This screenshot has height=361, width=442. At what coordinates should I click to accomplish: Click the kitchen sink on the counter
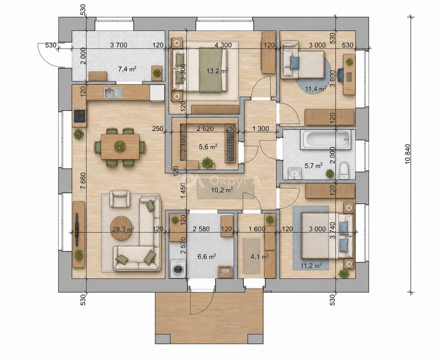pos(113,93)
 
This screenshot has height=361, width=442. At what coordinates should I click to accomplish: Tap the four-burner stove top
pos(79,116)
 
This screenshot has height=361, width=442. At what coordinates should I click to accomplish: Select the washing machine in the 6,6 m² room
pos(178,269)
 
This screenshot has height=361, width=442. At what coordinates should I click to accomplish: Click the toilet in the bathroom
pos(344,171)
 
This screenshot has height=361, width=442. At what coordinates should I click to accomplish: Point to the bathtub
pos(325,140)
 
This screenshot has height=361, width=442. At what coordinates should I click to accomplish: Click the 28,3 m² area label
pos(123,229)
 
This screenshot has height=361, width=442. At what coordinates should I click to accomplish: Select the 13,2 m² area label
pos(217,71)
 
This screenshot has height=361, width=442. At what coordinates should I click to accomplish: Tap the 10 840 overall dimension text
pos(407,154)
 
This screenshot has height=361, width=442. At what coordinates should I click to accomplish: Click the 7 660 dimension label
pos(83,181)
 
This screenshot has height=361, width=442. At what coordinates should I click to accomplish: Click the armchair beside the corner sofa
pos(120,199)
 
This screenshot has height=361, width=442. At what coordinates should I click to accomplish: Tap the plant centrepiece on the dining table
pos(120,145)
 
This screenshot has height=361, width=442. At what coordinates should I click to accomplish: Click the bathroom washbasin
pos(294,174)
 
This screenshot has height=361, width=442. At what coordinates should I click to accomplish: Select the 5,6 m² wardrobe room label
pos(208,147)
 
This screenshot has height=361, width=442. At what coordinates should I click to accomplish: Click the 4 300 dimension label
pos(223,45)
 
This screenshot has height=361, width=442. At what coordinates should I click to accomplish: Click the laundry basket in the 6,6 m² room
pos(225,272)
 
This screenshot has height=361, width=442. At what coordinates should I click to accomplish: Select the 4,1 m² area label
pos(260,256)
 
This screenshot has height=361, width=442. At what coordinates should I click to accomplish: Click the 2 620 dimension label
pos(205,129)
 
